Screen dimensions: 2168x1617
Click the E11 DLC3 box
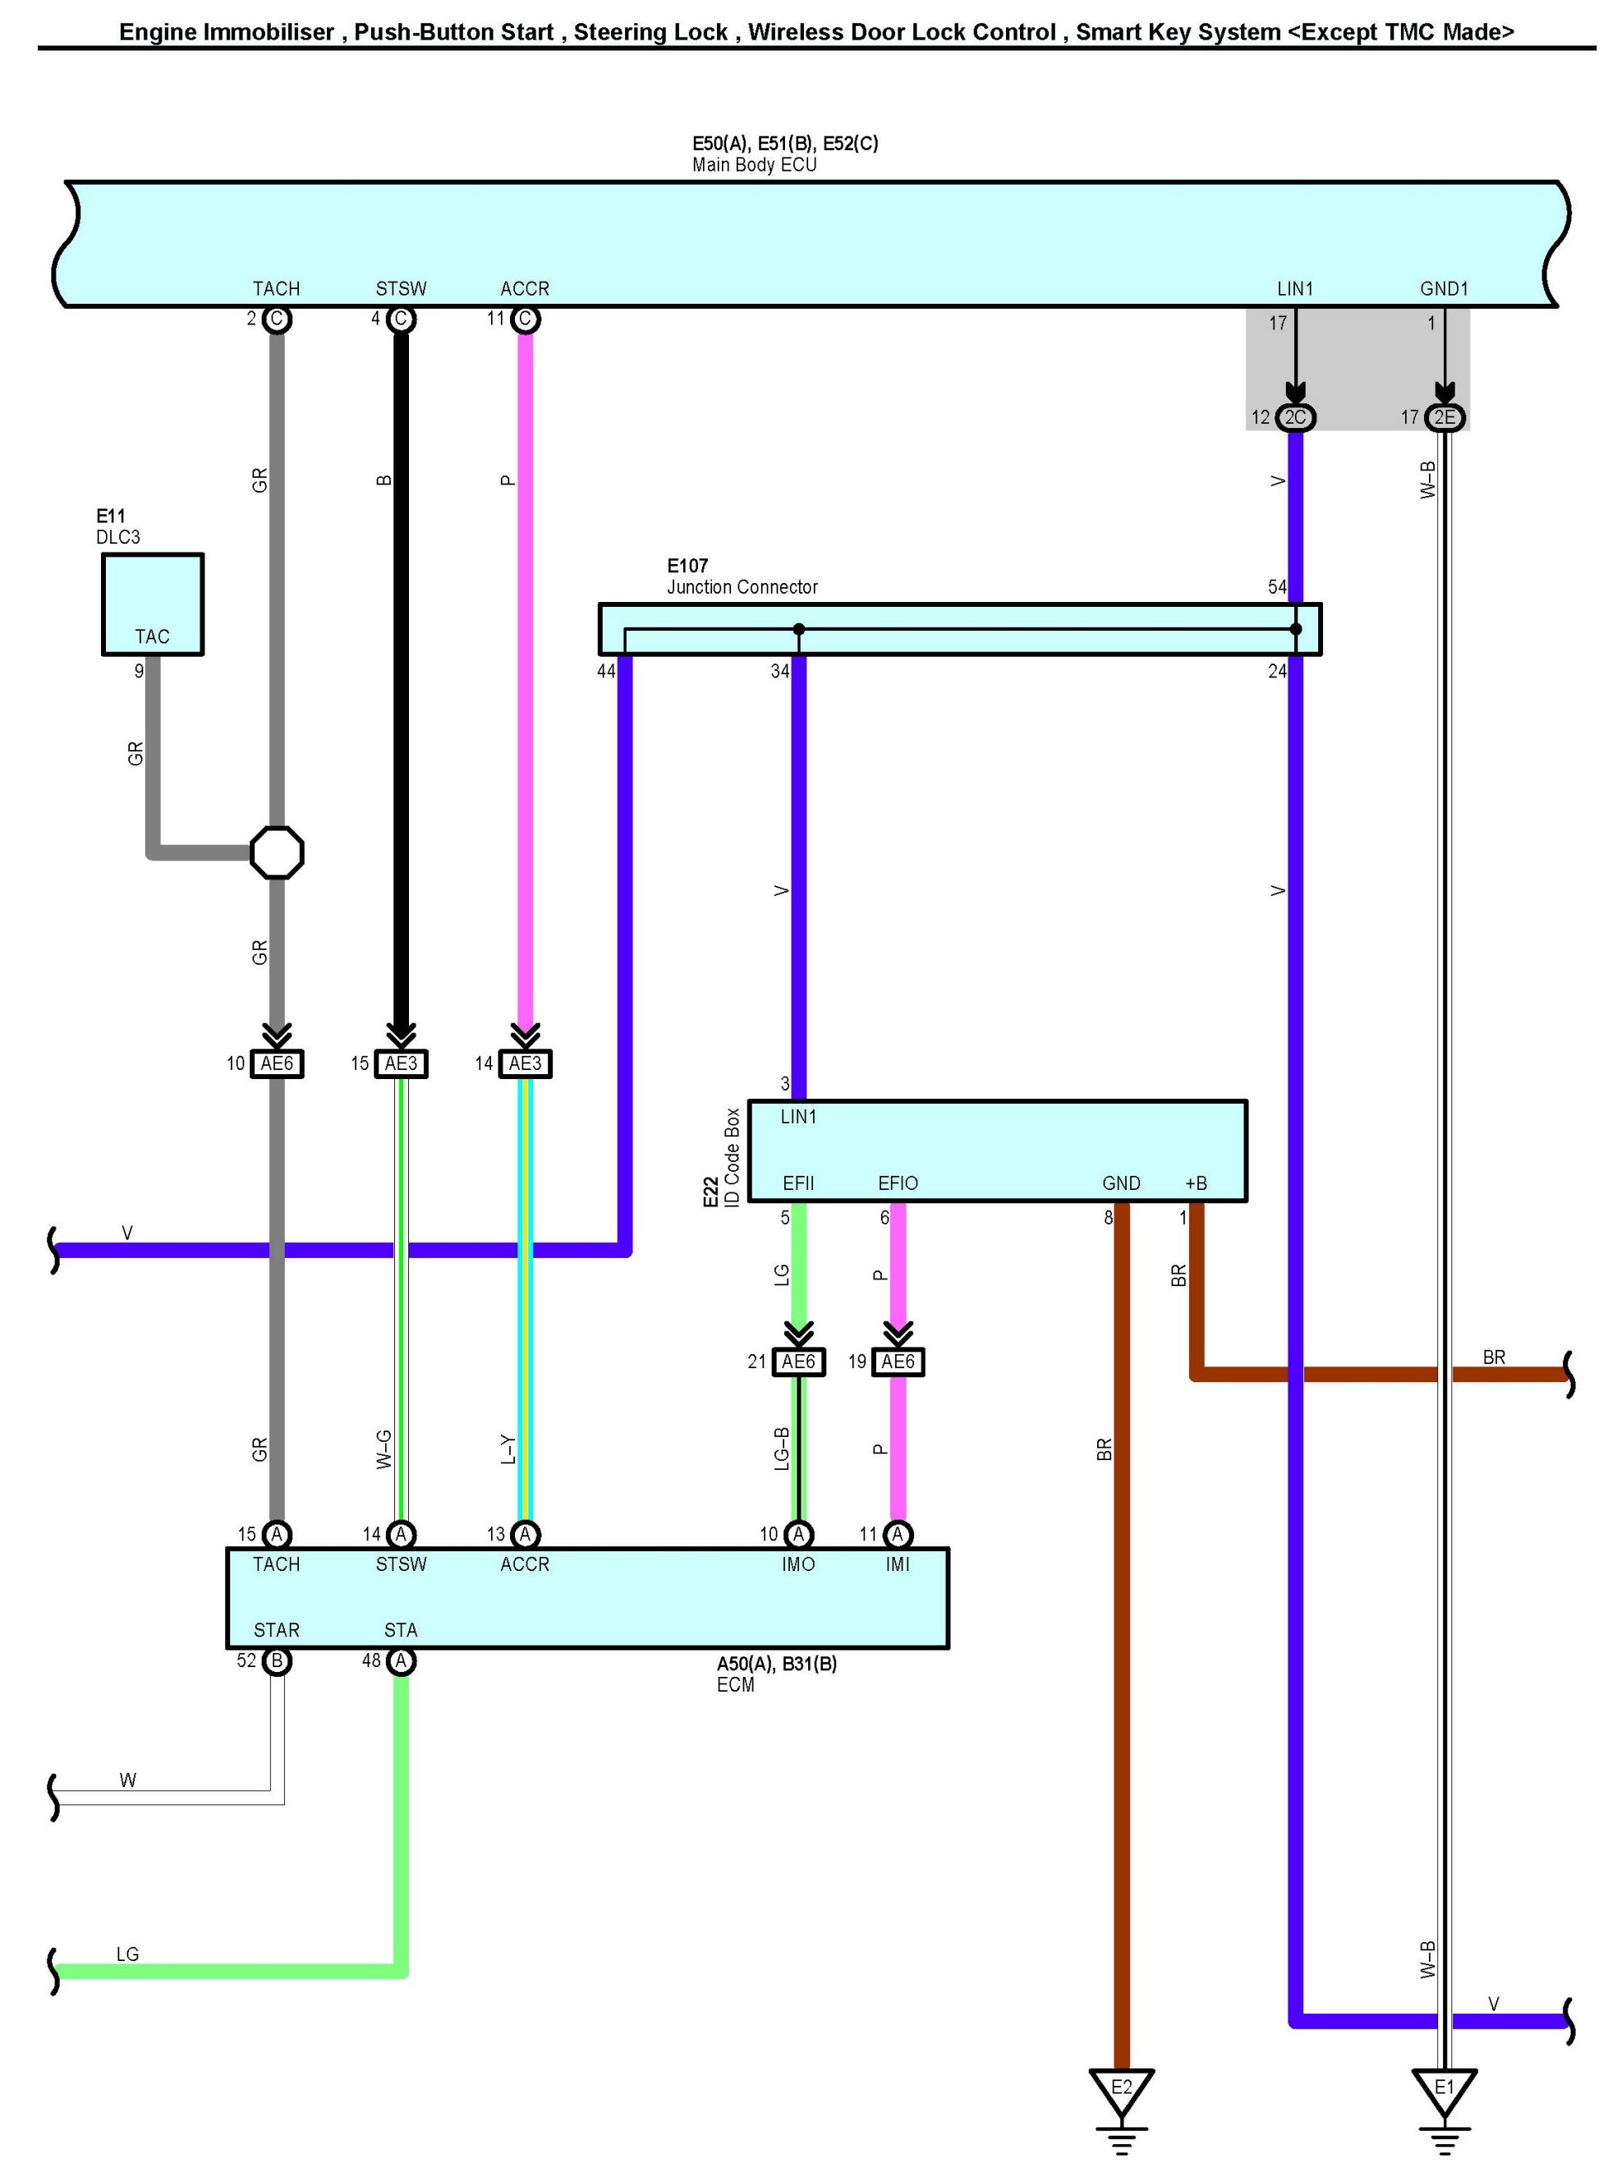click(153, 603)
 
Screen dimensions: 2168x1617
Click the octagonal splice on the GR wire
click(277, 852)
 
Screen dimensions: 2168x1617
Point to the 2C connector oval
click(1295, 418)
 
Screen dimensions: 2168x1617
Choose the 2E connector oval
click(1444, 418)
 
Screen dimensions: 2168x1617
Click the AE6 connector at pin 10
click(277, 1064)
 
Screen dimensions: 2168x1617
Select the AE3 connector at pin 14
click(525, 1064)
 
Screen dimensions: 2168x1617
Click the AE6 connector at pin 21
click(799, 1362)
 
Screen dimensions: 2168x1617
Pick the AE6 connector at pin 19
click(898, 1362)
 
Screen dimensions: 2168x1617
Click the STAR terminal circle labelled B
click(277, 1661)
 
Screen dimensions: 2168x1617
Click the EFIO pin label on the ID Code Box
click(898, 1183)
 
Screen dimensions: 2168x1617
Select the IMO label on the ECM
click(799, 1565)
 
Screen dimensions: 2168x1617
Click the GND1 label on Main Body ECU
click(1444, 289)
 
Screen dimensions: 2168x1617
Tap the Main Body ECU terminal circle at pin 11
click(525, 319)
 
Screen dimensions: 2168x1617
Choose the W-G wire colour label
click(384, 1449)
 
